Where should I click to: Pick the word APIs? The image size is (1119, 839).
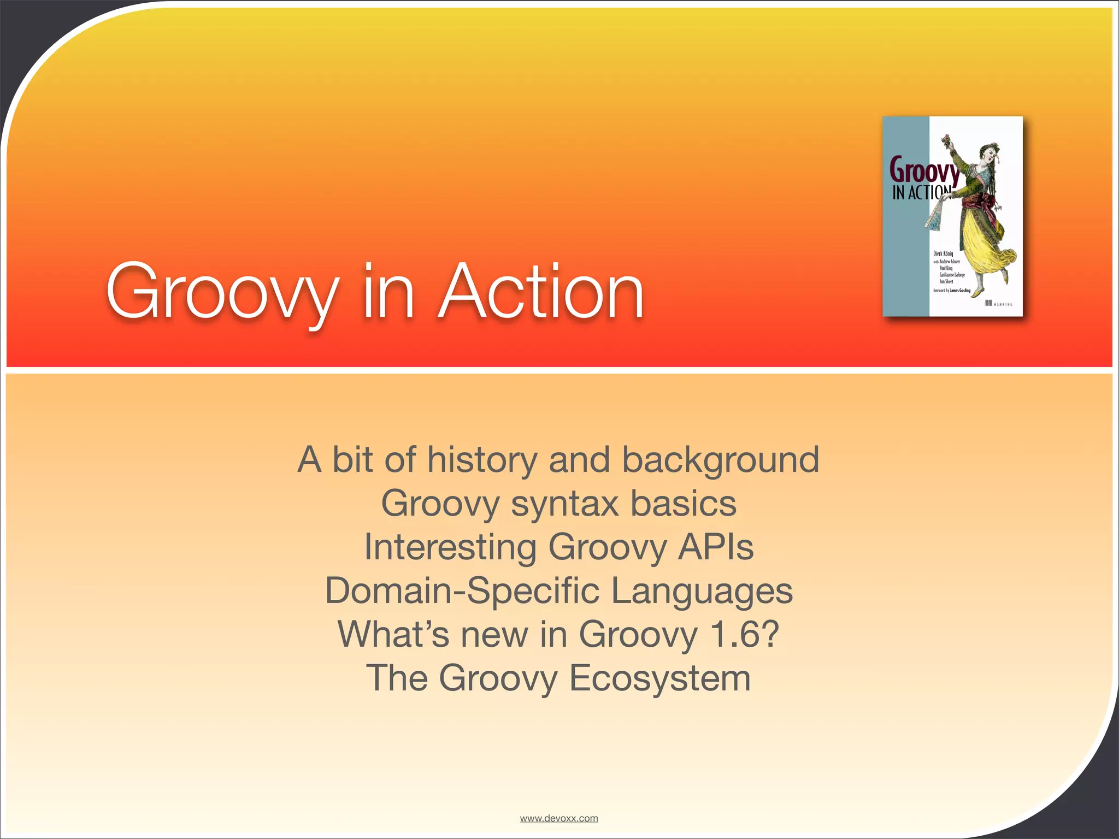(x=716, y=547)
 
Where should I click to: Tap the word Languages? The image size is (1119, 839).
(x=702, y=592)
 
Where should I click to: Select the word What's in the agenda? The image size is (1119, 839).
(x=393, y=634)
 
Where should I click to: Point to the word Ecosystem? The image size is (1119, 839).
(x=659, y=678)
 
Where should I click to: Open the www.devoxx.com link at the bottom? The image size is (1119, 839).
(x=558, y=818)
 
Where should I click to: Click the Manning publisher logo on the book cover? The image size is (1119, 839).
(x=998, y=304)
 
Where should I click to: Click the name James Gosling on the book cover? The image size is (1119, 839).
(x=960, y=291)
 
